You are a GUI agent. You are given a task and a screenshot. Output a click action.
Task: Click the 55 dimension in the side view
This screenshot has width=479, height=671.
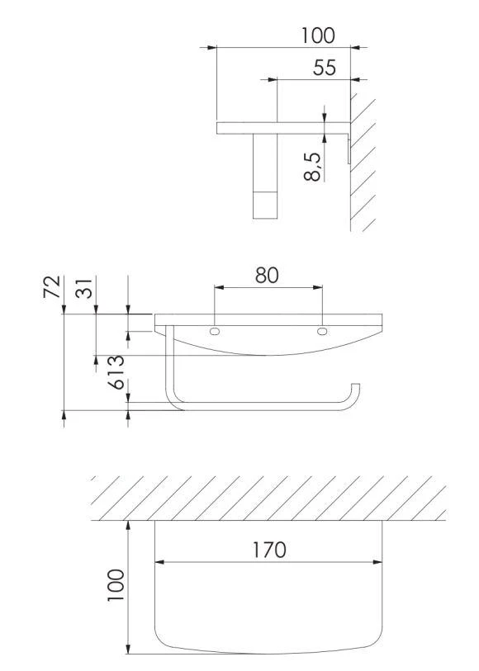coord(325,68)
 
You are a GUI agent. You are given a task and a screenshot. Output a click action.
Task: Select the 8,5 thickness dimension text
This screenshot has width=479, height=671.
coord(312,167)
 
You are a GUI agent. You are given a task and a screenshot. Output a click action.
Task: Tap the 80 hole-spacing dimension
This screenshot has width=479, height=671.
coord(267,275)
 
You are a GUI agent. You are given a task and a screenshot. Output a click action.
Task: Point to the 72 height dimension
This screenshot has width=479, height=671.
coord(52,286)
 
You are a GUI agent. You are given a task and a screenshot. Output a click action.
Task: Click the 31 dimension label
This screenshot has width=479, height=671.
coord(84,288)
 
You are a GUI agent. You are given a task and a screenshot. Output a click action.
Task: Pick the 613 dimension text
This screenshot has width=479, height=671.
coord(116,372)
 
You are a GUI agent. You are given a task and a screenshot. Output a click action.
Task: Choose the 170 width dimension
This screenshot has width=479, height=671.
coord(269,550)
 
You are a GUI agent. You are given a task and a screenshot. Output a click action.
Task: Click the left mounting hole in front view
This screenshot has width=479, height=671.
coord(215,331)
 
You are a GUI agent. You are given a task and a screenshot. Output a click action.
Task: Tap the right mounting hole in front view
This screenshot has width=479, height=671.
coord(322,331)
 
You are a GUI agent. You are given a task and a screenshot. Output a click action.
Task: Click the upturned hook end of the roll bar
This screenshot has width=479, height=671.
coord(355,391)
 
